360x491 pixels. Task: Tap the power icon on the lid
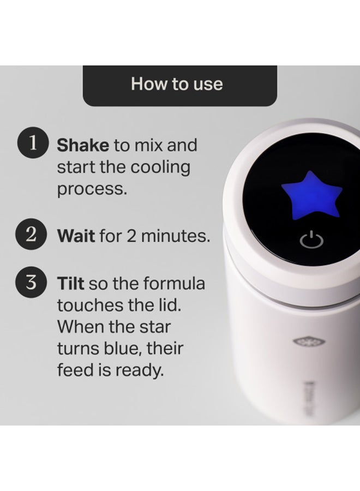tap(309, 240)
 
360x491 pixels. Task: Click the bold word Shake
tap(83, 146)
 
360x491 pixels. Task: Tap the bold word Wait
tap(76, 237)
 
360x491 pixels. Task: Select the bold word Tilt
tap(70, 284)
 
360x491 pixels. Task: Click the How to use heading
tap(177, 84)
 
